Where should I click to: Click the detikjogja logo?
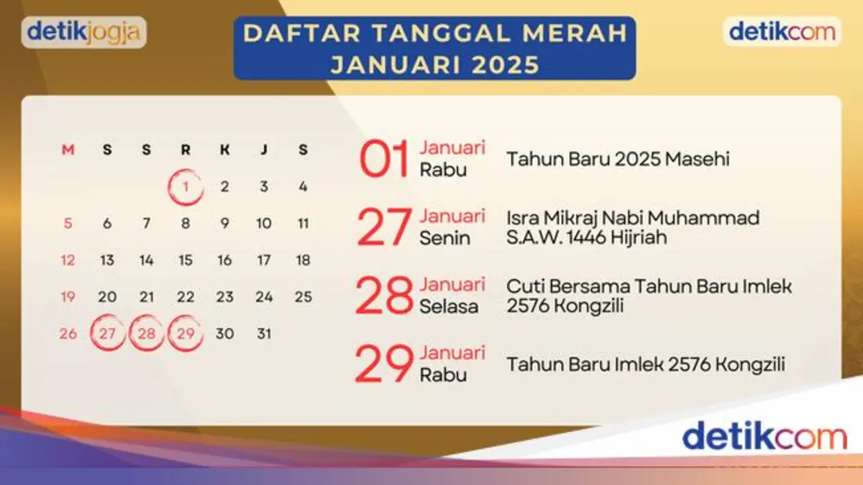coord(83,32)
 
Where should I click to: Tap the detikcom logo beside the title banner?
coord(782,32)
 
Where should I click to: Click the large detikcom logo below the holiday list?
coord(764,435)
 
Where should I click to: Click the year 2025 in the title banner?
coord(506,64)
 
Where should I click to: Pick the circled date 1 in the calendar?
coord(186,187)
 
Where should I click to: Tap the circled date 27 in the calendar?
coord(107,333)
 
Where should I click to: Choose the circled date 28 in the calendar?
coord(147,333)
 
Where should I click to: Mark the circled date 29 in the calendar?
coord(186,333)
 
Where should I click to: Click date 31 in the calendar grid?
coord(264,333)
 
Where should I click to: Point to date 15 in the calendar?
coord(186,260)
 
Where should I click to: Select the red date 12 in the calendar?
coord(68,260)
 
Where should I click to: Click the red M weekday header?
coord(68,150)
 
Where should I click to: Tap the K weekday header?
coord(224,150)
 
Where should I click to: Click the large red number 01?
coord(384,158)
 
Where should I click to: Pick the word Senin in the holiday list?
coord(444,238)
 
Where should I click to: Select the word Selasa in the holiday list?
coord(449,307)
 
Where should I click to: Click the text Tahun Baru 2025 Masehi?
coord(618,159)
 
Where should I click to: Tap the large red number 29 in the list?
coord(384,363)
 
